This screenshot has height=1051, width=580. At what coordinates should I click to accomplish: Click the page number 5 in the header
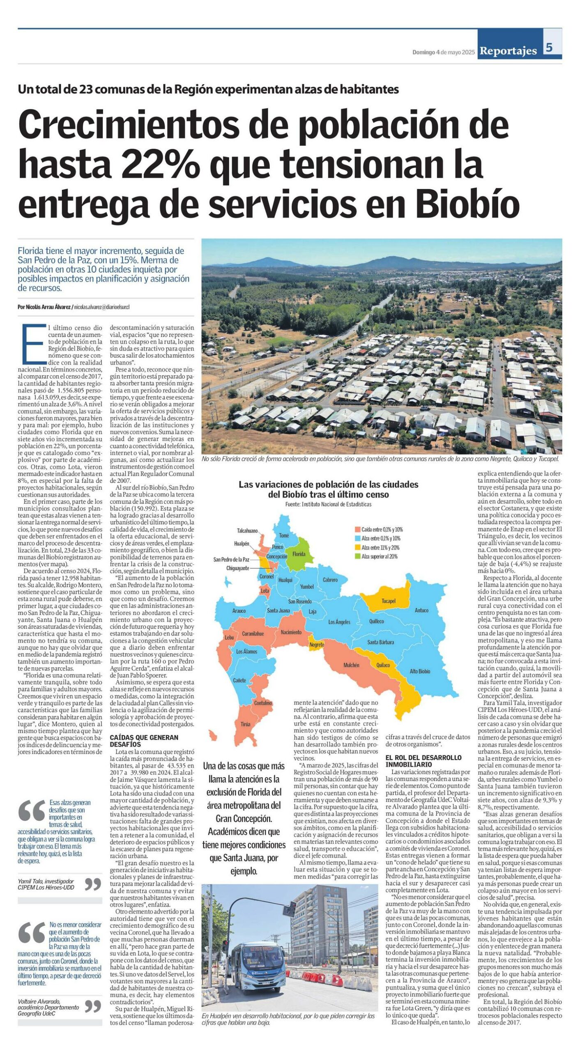549,47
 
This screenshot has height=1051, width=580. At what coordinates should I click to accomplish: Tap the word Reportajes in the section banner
508,51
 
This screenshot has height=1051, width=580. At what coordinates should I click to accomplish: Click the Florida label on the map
299,554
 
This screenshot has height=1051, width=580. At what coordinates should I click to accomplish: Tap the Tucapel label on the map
388,601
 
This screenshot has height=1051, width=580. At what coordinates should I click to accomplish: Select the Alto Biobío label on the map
419,671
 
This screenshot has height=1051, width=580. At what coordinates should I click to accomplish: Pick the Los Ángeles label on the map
339,622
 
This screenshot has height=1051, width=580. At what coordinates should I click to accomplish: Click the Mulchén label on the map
351,665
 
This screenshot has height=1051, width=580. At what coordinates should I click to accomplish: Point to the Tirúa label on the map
245,724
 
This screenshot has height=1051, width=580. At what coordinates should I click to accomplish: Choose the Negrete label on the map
317,645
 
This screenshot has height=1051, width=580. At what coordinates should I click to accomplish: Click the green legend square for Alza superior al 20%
357,557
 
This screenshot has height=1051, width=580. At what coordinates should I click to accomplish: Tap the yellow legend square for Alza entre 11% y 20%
357,548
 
